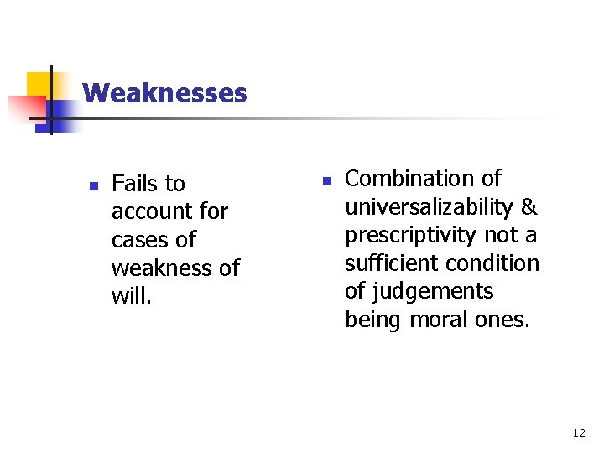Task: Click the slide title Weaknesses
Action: (x=164, y=92)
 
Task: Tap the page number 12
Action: (x=578, y=433)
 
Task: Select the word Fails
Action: (x=136, y=183)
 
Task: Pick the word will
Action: (x=131, y=296)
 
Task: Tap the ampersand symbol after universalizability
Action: (x=529, y=206)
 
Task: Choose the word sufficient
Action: (x=395, y=263)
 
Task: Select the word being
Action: (x=373, y=320)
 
